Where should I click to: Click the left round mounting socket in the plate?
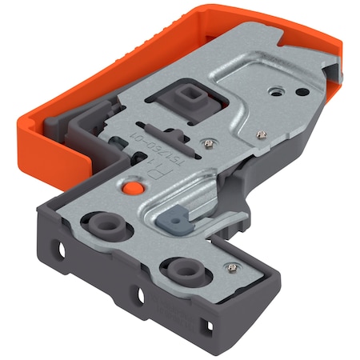tap(104, 223)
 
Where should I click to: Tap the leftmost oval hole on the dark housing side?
tap(57, 251)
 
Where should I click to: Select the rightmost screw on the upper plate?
tap(258, 135)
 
